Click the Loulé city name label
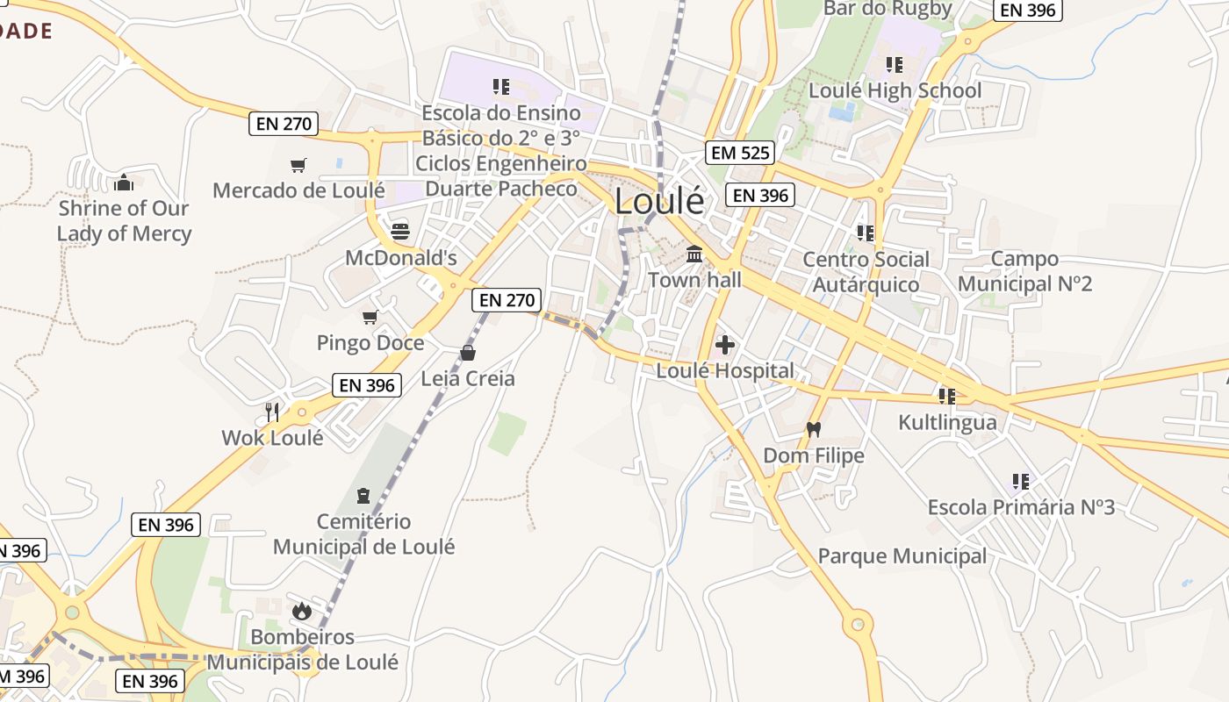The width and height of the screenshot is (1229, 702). [659, 201]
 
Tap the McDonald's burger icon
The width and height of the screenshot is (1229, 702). [400, 232]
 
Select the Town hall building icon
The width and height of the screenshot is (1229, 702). [694, 254]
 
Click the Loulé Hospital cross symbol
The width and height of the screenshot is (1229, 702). [725, 344]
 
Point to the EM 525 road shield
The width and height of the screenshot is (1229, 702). [740, 153]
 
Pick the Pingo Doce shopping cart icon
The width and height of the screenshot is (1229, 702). [370, 317]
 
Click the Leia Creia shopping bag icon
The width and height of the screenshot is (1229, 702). [468, 353]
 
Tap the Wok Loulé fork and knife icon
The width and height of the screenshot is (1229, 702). [272, 411]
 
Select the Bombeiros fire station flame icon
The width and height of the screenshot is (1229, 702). [302, 611]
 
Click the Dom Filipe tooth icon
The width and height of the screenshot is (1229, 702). [813, 430]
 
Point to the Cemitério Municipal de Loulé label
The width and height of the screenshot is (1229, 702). [364, 534]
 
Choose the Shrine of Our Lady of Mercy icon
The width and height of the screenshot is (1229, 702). [123, 183]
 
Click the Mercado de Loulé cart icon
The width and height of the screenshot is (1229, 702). [298, 165]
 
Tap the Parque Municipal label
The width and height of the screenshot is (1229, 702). [902, 556]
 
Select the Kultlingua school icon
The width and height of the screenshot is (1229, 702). [946, 397]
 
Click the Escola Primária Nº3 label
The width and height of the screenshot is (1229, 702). [1021, 507]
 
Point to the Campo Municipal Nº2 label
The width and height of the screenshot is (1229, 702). [1024, 271]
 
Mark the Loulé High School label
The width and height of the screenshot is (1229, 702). [895, 90]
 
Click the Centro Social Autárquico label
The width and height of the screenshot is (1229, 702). [866, 272]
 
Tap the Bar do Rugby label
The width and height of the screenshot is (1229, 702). [888, 9]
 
